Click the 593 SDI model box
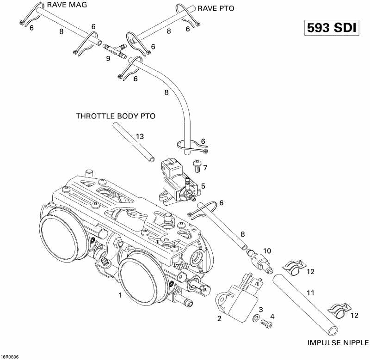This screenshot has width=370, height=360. [x=331, y=28]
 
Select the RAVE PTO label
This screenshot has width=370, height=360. [x=216, y=8]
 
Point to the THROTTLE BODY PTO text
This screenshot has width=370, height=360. [x=116, y=116]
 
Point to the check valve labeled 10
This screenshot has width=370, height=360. [x=258, y=257]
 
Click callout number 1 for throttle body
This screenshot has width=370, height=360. [x=120, y=295]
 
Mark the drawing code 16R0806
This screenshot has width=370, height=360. [x=10, y=356]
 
